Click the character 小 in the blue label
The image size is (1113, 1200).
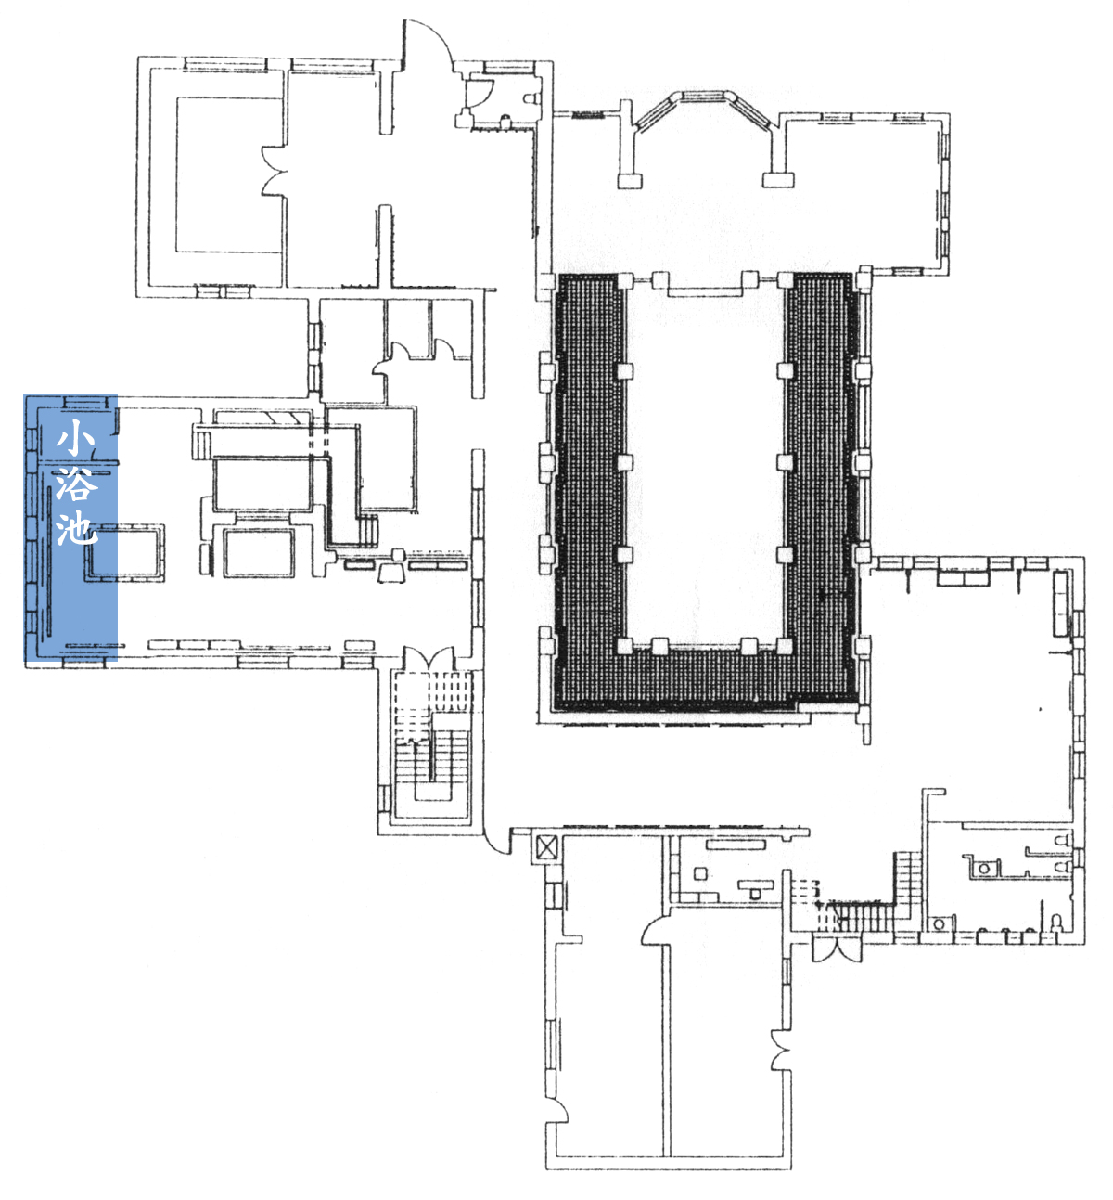point(75,438)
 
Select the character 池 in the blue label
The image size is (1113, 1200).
point(77,527)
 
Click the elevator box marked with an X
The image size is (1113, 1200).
point(545,847)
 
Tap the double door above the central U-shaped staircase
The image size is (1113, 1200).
point(429,659)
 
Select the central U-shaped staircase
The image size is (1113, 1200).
point(431,748)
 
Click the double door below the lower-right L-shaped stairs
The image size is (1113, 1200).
point(837,948)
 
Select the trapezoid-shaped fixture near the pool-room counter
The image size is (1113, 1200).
point(392,573)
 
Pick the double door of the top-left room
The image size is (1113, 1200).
point(275,172)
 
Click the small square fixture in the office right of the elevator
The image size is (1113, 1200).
point(700,874)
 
